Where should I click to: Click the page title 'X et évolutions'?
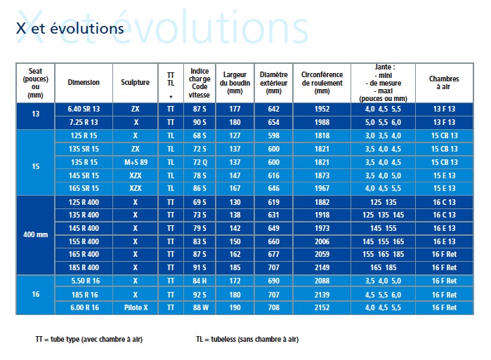(x=70, y=29)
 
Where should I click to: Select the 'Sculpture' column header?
(x=135, y=82)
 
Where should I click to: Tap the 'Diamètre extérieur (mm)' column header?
(x=273, y=82)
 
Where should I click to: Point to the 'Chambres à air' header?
(x=443, y=82)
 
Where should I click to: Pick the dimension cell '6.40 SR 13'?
(x=84, y=109)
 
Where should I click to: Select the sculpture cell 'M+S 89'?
(x=135, y=162)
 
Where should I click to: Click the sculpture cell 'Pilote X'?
(x=135, y=307)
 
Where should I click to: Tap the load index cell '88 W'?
(x=199, y=307)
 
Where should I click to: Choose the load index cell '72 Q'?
(x=199, y=162)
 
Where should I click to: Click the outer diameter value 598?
(x=273, y=135)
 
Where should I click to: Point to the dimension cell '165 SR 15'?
(x=84, y=188)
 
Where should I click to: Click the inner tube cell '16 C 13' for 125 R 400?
(x=443, y=201)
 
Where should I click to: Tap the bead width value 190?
(x=235, y=307)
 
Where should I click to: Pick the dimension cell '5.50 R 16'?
(x=84, y=281)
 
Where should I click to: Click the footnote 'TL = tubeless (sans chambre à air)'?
(x=247, y=339)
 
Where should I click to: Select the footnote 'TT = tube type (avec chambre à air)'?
(x=88, y=339)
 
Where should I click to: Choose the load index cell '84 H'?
(x=199, y=281)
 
